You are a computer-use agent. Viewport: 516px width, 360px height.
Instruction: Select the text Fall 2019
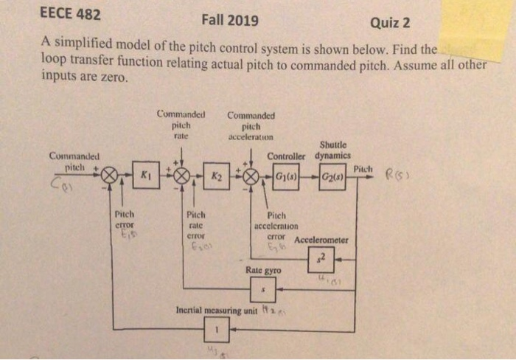pos(229,20)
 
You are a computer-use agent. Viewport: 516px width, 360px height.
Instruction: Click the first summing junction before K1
pos(110,176)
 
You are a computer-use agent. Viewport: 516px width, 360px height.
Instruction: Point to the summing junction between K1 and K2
pos(181,176)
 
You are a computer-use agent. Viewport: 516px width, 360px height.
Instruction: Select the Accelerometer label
pos(321,240)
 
